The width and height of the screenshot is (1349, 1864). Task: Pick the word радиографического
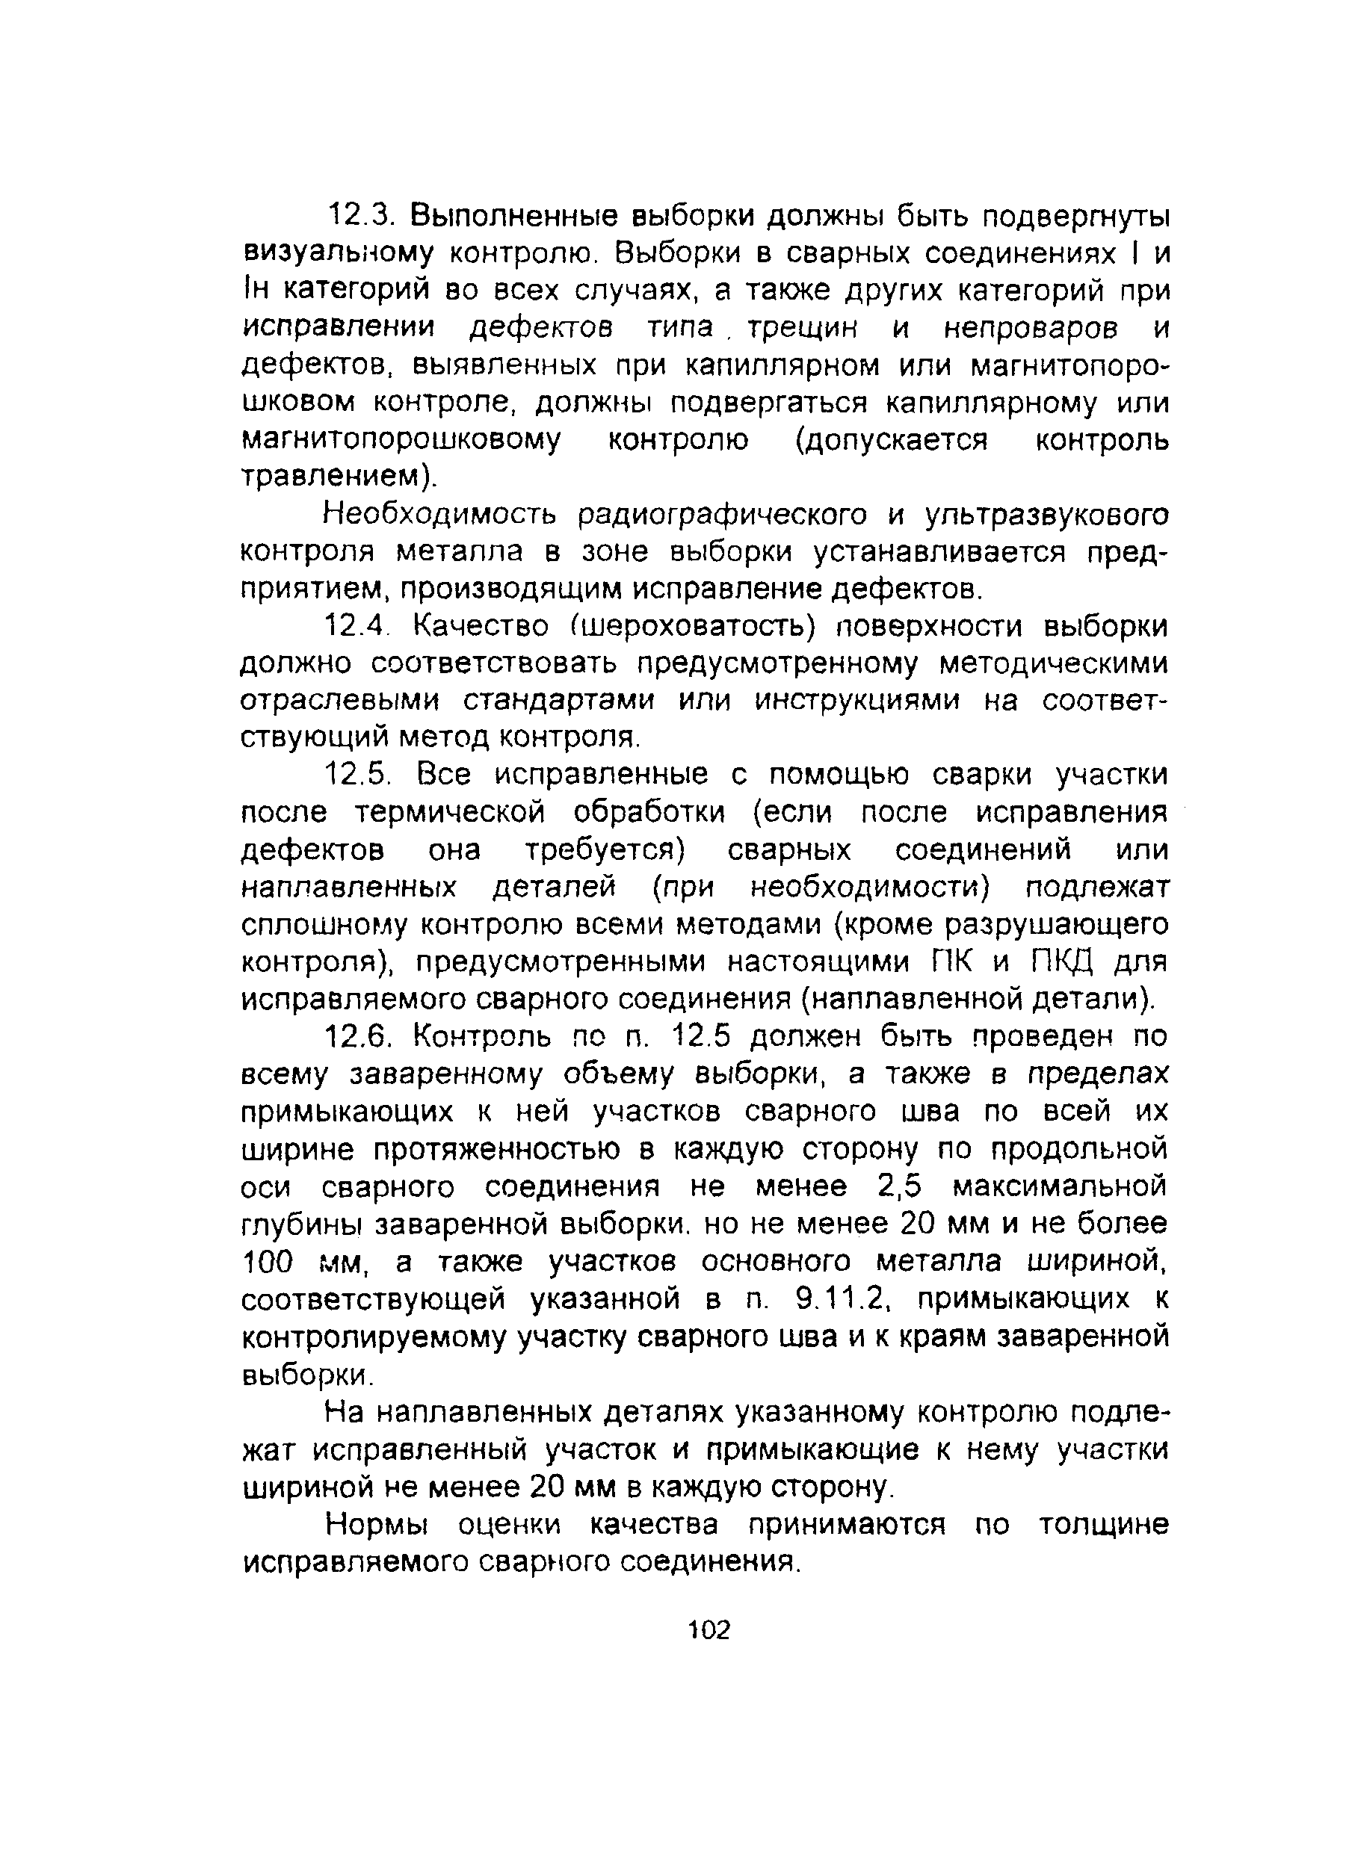click(723, 515)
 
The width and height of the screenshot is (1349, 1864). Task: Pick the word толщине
click(1103, 1525)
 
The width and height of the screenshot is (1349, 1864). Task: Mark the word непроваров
click(1030, 329)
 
